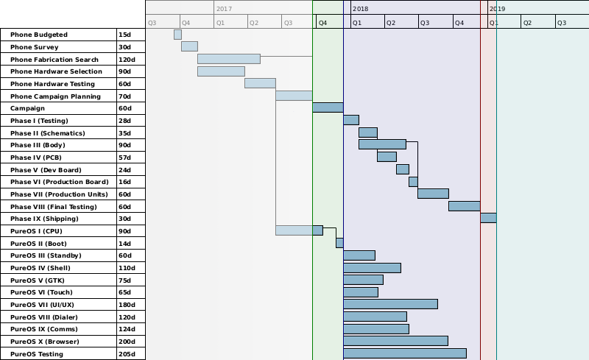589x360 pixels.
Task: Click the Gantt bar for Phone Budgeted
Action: coord(177,35)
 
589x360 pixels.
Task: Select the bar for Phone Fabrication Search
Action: coord(228,59)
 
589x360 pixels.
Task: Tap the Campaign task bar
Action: coord(328,107)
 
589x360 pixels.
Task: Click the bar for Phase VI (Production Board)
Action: coord(413,181)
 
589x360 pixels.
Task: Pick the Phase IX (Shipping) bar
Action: coord(488,218)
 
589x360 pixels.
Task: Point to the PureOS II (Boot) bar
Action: coord(339,243)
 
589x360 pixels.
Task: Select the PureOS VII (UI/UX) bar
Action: coord(390,304)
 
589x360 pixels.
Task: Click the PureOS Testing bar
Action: coord(404,353)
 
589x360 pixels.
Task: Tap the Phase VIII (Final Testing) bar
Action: coord(464,206)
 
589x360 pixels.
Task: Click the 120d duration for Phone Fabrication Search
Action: coord(127,59)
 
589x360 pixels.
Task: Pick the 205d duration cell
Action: coord(127,354)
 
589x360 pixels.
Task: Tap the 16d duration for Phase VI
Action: coord(124,182)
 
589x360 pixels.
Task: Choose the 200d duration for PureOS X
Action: coord(127,342)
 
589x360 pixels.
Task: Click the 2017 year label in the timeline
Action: coord(224,8)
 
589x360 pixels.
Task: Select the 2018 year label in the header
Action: coord(360,8)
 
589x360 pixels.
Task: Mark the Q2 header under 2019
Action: coord(526,23)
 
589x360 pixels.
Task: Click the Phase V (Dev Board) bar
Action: coord(402,169)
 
